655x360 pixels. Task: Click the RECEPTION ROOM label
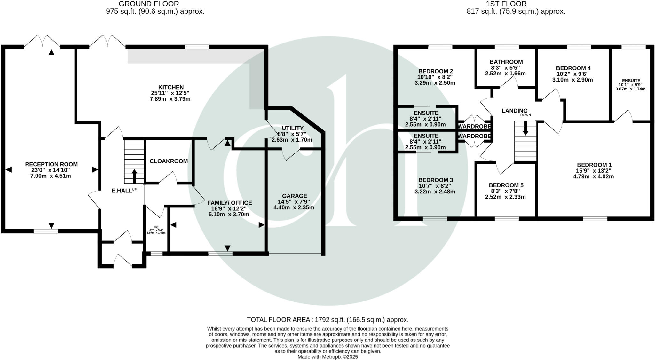click(x=51, y=164)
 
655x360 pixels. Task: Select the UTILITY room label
click(x=292, y=128)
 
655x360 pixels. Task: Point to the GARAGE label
click(x=294, y=196)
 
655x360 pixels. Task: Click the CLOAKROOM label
click(x=169, y=161)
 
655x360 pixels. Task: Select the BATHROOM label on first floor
click(x=506, y=62)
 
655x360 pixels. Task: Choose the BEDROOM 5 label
click(x=506, y=185)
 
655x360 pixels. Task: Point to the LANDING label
click(x=514, y=111)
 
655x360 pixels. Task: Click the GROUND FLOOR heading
click(x=149, y=4)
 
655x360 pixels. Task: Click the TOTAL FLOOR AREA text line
click(x=327, y=320)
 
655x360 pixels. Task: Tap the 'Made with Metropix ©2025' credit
click(x=327, y=357)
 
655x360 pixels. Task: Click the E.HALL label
click(x=122, y=191)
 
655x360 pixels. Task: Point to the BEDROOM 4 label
click(x=573, y=68)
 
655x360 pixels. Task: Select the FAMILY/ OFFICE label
click(x=229, y=203)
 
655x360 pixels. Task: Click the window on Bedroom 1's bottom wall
click(x=595, y=219)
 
